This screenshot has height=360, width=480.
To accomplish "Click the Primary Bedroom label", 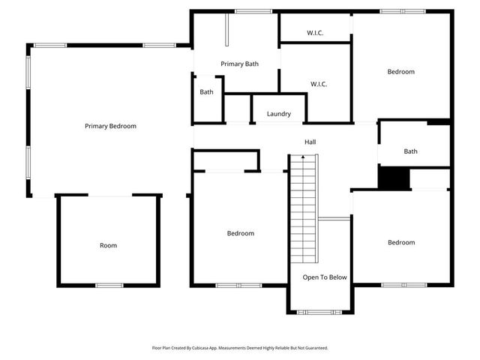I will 110,126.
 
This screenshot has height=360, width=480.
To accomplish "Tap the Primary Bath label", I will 239,64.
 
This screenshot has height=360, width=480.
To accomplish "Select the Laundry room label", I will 278,114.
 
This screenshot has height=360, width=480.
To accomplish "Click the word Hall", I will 310,142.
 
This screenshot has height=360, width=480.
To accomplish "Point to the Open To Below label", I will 325,277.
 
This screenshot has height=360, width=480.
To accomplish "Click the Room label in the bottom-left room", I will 109,245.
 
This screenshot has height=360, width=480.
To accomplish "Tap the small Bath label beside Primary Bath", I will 206,92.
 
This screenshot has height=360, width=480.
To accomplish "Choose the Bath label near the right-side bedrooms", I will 410,151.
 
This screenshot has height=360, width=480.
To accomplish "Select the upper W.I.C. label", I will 315,33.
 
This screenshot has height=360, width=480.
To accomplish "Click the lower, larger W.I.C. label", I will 319,84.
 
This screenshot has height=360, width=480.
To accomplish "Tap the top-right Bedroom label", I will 400,72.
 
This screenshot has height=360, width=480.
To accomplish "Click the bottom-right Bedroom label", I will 401,242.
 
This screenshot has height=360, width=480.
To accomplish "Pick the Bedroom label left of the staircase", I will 240,233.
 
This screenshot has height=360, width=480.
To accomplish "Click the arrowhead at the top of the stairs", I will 303,157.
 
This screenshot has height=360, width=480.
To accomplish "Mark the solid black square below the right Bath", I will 393,178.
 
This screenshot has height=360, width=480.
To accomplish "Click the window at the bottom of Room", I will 109,285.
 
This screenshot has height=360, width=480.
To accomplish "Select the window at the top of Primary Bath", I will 253,11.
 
